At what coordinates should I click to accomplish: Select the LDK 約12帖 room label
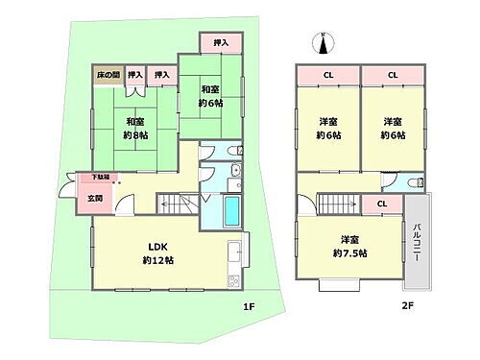coord(158,252)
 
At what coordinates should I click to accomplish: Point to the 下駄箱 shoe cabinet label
coord(100,178)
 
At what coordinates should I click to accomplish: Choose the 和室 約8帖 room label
coord(133,129)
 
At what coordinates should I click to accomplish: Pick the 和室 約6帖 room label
coord(210,96)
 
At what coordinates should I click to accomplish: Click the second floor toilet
coord(414,182)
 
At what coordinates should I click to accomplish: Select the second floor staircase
coord(338,204)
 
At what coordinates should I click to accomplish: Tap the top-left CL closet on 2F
coord(326,74)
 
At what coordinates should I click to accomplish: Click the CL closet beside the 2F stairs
coord(382,204)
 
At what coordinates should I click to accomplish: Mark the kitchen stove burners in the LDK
coord(233,279)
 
